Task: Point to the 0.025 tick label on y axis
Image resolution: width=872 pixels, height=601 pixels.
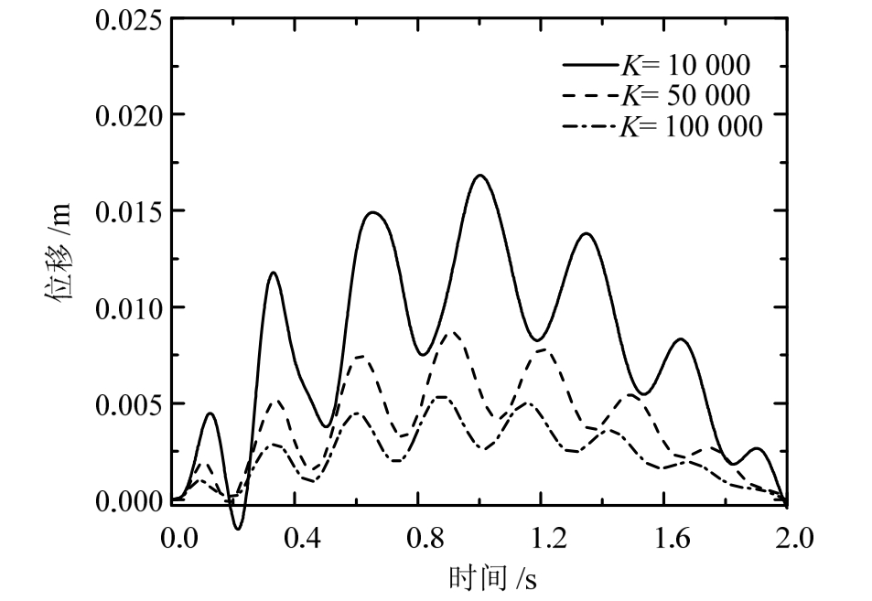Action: point(127,20)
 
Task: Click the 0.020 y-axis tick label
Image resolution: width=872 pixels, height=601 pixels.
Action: point(127,116)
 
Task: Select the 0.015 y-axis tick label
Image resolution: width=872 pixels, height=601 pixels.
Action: point(127,212)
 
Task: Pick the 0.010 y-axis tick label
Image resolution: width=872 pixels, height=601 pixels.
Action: point(127,308)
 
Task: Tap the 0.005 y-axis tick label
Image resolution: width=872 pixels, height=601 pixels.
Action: point(127,404)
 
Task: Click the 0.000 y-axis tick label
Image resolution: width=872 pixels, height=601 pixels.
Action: point(127,500)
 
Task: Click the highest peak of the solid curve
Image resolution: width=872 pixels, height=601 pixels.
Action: point(479,176)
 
